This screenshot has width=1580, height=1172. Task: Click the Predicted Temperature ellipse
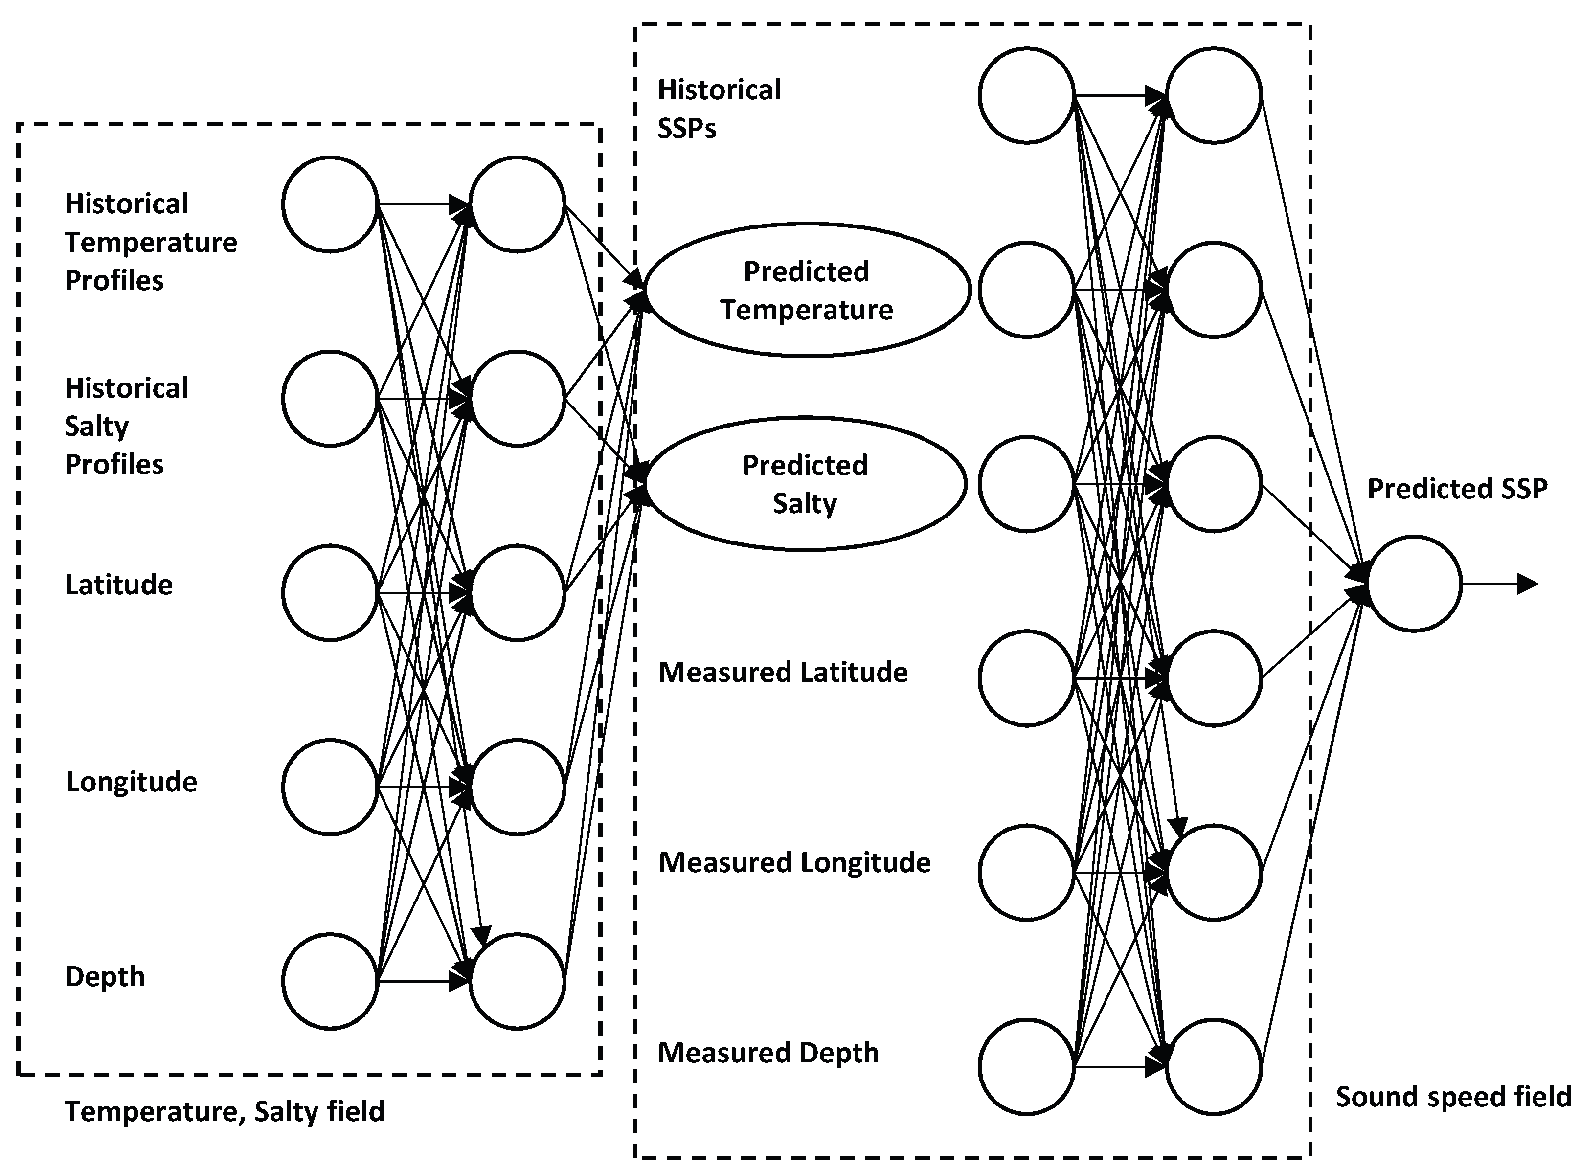coord(807,290)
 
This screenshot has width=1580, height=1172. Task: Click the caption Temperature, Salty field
coord(224,1111)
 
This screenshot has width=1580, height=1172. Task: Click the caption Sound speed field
coord(1453,1097)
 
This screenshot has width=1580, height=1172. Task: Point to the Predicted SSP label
coord(1457,489)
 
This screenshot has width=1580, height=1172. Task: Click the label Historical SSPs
coord(718,109)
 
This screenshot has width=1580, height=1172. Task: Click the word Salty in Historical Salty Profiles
coord(96,427)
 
